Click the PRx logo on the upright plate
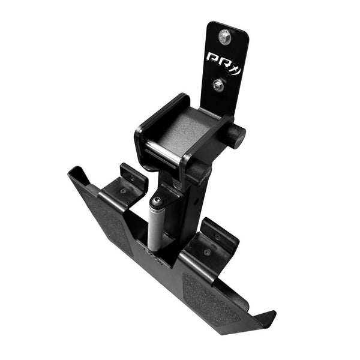click(x=223, y=59)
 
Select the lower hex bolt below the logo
click(x=218, y=85)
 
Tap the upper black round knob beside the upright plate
click(x=236, y=137)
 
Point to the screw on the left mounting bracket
click(x=123, y=191)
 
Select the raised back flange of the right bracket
click(x=219, y=230)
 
